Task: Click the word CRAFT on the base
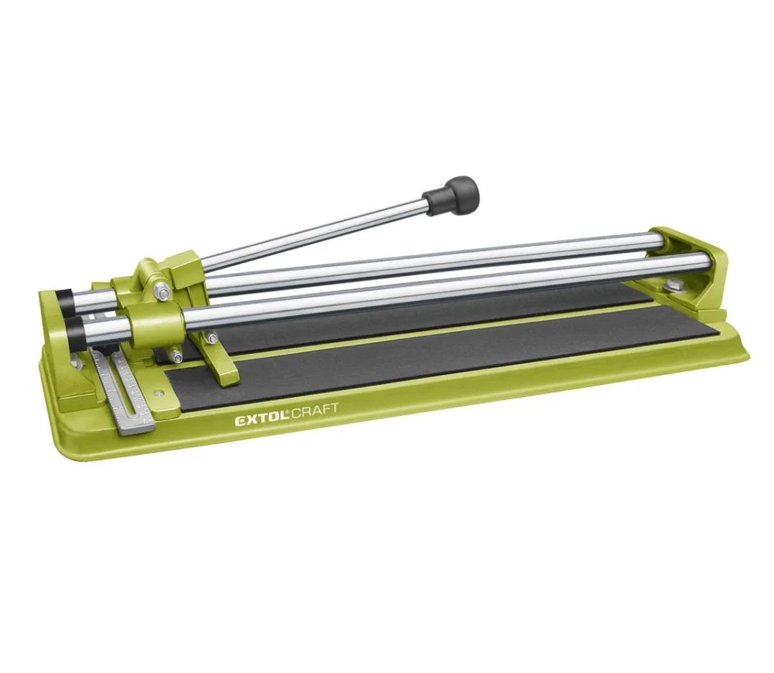click(315, 411)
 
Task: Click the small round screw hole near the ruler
click(158, 393)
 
